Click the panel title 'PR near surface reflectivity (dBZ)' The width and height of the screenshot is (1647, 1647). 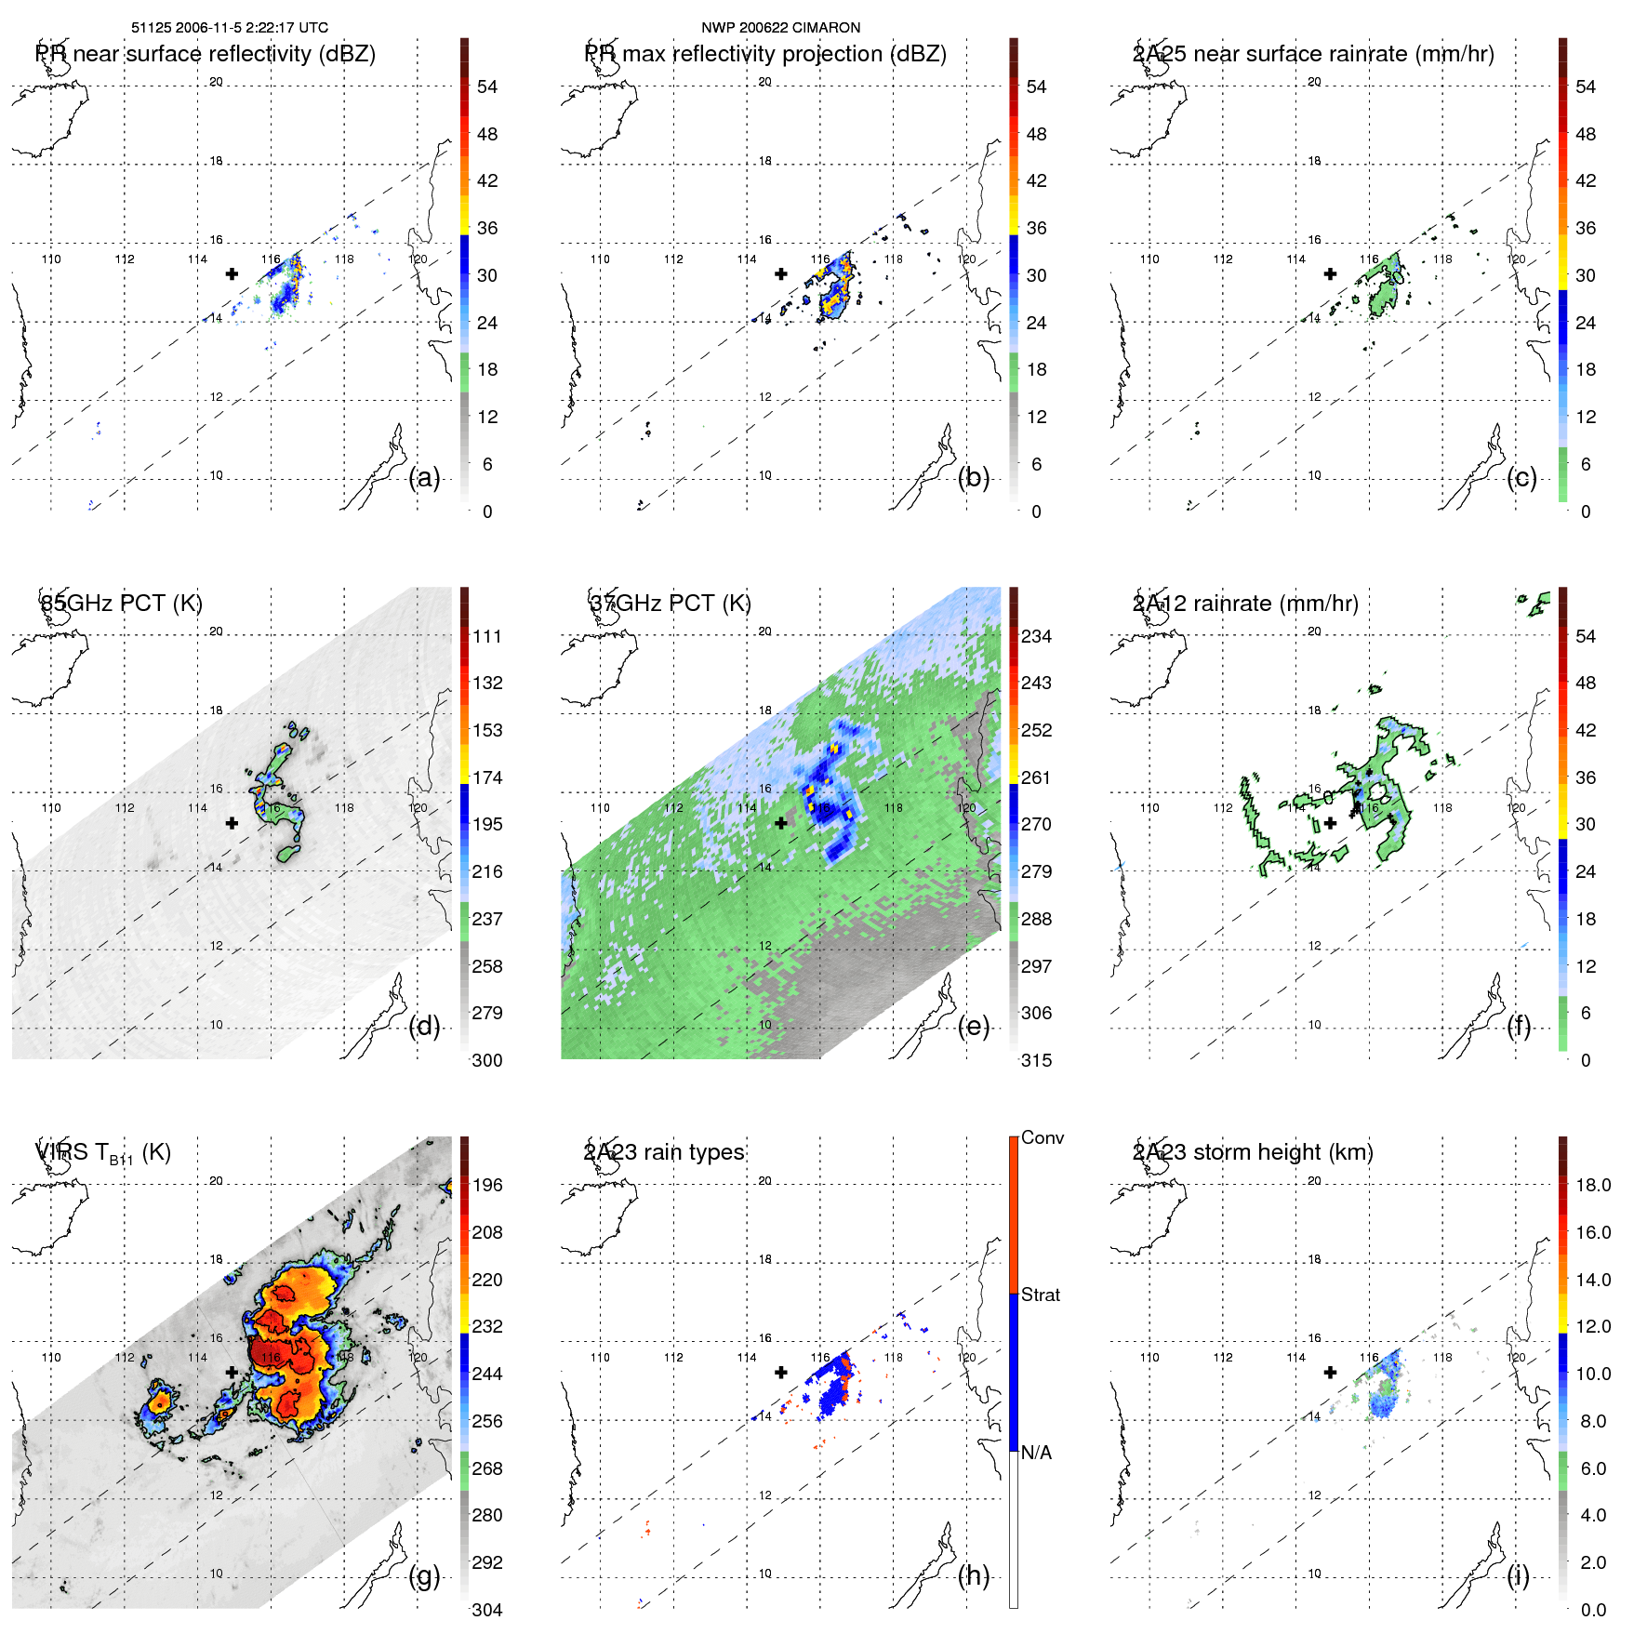(x=206, y=54)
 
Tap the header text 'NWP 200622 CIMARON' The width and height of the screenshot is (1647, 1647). (x=780, y=28)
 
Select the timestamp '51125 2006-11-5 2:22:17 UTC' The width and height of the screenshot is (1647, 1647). (x=230, y=28)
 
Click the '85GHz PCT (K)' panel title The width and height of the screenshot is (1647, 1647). (x=121, y=604)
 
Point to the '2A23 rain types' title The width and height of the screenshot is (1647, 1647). (x=664, y=1152)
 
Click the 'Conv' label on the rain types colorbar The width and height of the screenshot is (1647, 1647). (x=1042, y=1138)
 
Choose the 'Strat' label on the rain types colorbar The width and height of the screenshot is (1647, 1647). (x=1040, y=1295)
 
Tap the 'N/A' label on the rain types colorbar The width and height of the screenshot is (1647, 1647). (x=1036, y=1453)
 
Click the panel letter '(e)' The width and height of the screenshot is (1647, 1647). (x=973, y=1027)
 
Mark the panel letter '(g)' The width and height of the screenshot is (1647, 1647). (x=424, y=1575)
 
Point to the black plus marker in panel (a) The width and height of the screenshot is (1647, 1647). (x=232, y=273)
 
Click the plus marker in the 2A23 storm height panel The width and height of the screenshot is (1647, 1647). (x=1330, y=1372)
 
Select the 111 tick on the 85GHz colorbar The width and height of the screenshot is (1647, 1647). (x=487, y=637)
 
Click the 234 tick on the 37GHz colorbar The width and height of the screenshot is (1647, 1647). (x=1036, y=637)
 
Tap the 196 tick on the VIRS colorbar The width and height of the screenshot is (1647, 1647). (x=487, y=1186)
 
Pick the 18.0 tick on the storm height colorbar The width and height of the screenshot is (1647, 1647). (x=1593, y=1186)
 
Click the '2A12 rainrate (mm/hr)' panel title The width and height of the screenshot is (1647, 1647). (x=1245, y=604)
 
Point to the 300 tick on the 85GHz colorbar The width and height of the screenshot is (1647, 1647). (x=487, y=1061)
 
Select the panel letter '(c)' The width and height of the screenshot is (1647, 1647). (x=1521, y=478)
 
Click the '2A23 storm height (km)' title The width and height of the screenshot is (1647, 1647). (x=1253, y=1152)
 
